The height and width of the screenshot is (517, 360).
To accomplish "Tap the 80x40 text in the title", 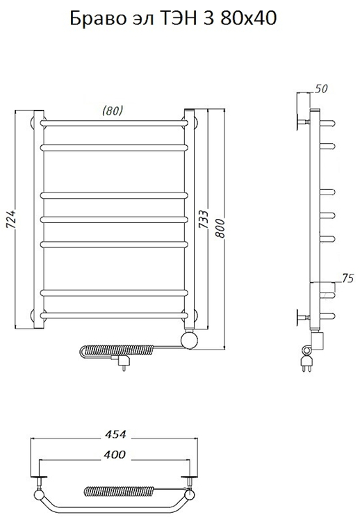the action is (x=249, y=19).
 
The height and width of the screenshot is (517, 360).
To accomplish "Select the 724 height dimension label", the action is (x=11, y=219).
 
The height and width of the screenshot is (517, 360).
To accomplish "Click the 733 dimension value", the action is (x=204, y=219).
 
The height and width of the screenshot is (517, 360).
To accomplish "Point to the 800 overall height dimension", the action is (x=221, y=227).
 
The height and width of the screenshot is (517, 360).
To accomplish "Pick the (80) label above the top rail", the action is (x=113, y=110).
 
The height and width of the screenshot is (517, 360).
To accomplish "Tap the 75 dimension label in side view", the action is (x=347, y=279).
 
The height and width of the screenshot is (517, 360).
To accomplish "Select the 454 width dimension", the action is (x=115, y=434).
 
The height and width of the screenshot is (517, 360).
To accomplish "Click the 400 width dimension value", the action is (x=115, y=455).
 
